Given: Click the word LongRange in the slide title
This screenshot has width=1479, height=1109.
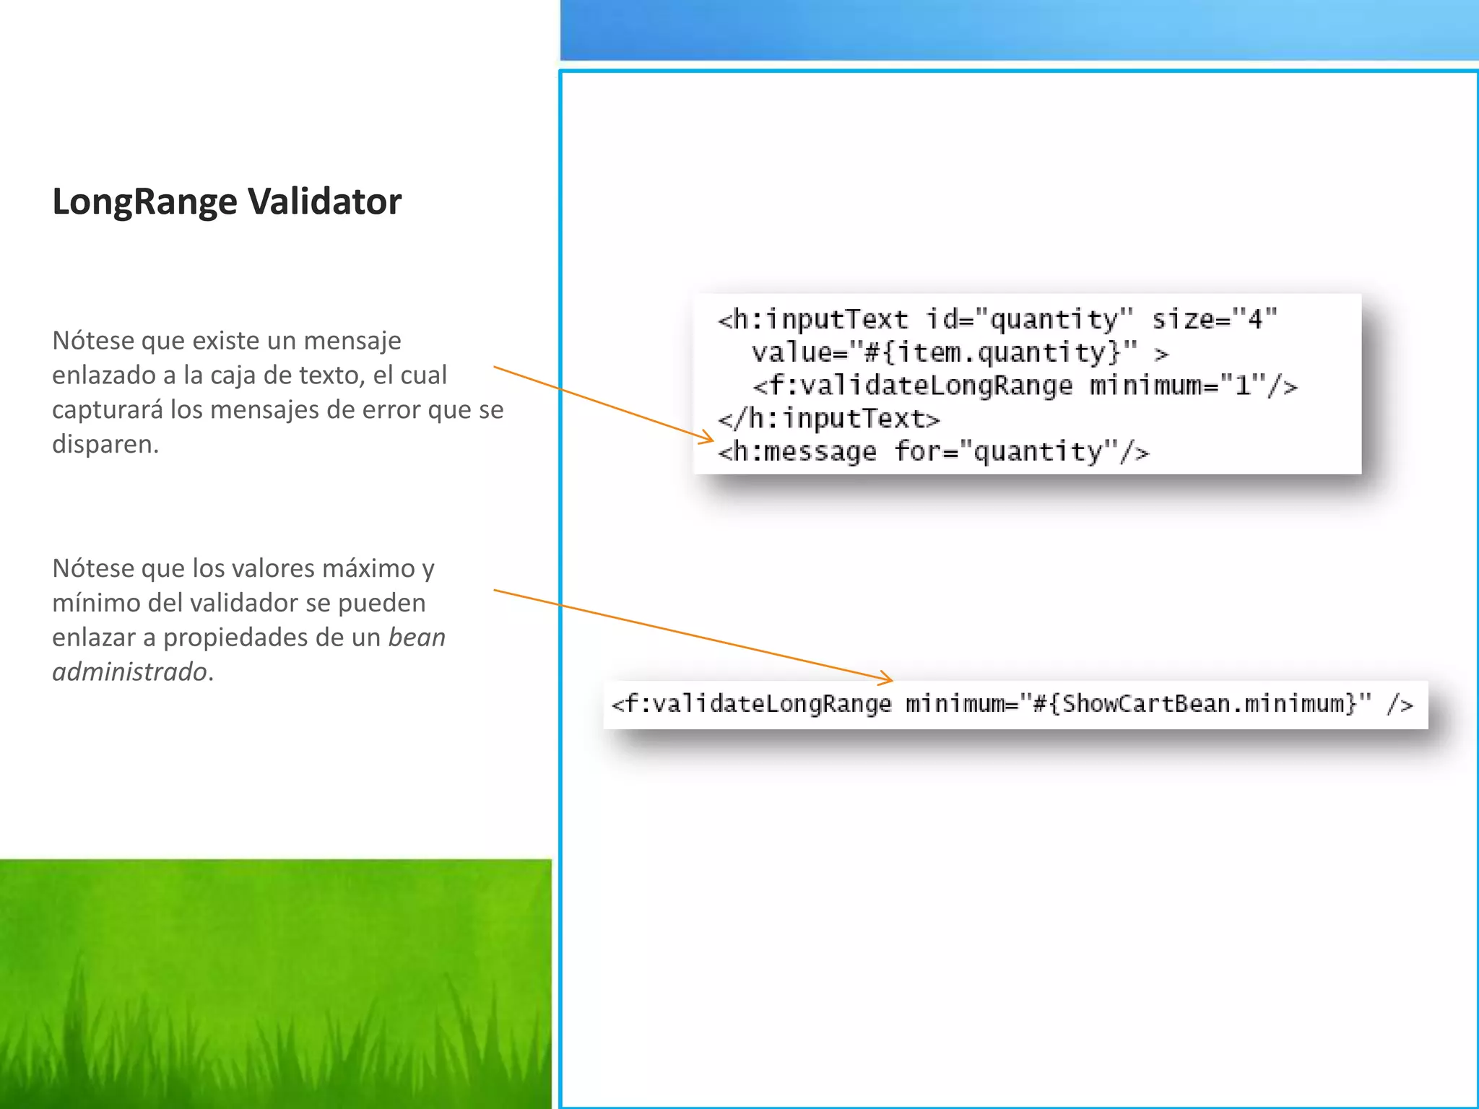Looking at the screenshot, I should point(144,202).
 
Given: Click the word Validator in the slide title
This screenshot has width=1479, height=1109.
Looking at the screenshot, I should point(324,201).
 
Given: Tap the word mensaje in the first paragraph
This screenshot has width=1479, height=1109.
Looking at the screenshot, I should point(352,340).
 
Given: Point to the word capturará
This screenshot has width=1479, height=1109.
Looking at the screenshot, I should point(108,410).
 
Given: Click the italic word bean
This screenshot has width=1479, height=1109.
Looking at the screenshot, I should point(417,638).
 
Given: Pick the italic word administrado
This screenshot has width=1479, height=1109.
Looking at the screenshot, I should point(129,672).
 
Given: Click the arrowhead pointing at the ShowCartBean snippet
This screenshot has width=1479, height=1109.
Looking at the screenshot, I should point(885,678).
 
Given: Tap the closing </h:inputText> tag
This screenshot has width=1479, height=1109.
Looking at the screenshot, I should point(829,419).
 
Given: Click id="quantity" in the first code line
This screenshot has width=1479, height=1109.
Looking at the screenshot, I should point(1030,319).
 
